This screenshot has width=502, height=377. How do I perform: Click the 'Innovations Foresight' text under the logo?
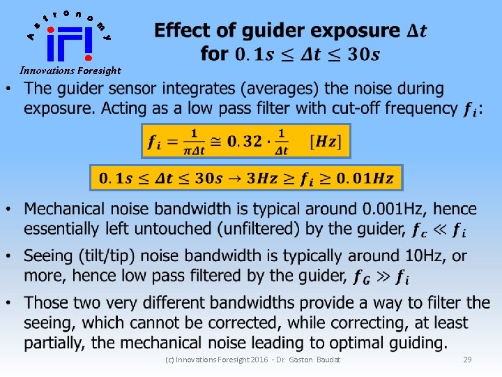coord(70,71)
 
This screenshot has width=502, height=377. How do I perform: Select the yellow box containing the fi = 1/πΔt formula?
coord(245,142)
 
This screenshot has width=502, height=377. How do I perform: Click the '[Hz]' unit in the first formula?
coord(324,142)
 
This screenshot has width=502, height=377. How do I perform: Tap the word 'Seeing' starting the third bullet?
coord(49,256)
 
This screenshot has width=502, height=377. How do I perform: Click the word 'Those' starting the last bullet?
coord(47,304)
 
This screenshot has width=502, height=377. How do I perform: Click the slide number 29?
coord(467,359)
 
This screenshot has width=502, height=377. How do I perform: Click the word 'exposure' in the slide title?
coord(354,31)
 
